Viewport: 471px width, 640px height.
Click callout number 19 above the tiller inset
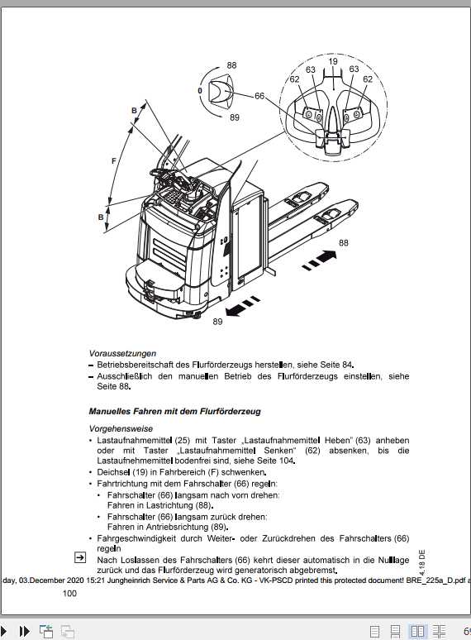pos(332,61)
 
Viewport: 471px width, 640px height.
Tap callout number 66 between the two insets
pos(259,96)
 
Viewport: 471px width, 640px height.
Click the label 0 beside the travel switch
pos(199,89)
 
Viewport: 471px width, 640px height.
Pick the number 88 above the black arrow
pos(343,242)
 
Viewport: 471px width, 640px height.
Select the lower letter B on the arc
pos(100,217)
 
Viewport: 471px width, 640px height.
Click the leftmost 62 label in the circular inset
pos(294,79)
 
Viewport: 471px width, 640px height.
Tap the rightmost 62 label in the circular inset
pos(368,79)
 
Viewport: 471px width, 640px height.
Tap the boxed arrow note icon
pos(80,557)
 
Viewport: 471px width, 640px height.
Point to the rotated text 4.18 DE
pos(421,561)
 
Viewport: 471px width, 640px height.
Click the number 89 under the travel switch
pos(235,117)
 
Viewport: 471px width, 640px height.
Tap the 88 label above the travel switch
pos(231,64)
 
